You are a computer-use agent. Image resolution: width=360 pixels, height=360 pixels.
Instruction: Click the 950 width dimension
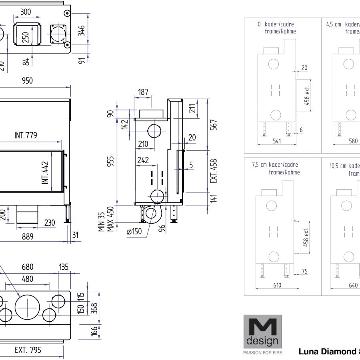click(27, 81)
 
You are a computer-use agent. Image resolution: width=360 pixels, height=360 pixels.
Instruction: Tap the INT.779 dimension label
click(26, 136)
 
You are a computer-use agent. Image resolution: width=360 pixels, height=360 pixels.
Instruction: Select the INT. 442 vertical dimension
click(45, 173)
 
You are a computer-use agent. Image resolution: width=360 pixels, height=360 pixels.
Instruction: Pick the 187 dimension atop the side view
click(143, 92)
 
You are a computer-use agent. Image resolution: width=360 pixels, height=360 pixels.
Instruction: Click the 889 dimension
click(27, 237)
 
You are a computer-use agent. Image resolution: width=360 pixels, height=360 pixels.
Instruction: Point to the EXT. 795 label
click(28, 351)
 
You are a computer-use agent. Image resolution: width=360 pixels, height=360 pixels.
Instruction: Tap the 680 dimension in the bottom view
click(28, 267)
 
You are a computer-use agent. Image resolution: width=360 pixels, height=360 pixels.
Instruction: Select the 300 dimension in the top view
click(26, 12)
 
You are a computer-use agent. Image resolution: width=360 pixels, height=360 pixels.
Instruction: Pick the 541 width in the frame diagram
click(276, 141)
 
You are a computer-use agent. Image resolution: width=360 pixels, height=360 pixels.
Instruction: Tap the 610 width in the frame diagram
click(277, 285)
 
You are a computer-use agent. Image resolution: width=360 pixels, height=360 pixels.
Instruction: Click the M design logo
click(262, 332)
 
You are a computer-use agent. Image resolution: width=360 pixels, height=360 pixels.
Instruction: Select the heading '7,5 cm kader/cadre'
click(274, 165)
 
